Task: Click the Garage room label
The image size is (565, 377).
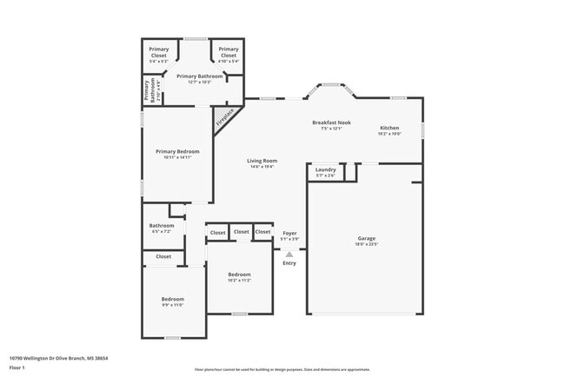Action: pos(366,238)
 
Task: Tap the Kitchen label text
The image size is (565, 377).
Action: pos(389,128)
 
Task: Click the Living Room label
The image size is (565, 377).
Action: pos(262,161)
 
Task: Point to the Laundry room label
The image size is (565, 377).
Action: pos(326,169)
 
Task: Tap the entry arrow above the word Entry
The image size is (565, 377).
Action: pos(289,255)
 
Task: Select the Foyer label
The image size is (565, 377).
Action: pos(289,233)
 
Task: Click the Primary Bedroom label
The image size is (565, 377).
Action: pos(177,151)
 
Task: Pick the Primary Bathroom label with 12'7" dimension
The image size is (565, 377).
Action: pos(200,76)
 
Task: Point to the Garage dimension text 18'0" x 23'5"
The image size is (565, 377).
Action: pos(366,245)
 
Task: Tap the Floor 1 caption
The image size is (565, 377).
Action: pos(18,367)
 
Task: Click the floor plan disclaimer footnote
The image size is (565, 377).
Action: pos(282,368)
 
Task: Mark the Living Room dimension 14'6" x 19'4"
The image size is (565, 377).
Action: pos(262,167)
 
